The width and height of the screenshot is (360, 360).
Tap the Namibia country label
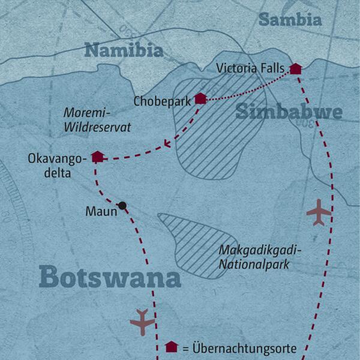coord(124,50)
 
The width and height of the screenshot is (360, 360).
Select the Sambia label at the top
coord(290,19)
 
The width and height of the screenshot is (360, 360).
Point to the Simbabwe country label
coord(289,111)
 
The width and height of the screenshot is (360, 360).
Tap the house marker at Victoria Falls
coord(295,68)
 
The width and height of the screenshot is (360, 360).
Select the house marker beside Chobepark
coord(200,98)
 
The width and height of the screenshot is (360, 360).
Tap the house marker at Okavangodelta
coord(97,157)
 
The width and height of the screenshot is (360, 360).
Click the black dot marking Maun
coord(122,205)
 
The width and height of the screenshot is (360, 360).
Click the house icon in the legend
coord(171,347)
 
